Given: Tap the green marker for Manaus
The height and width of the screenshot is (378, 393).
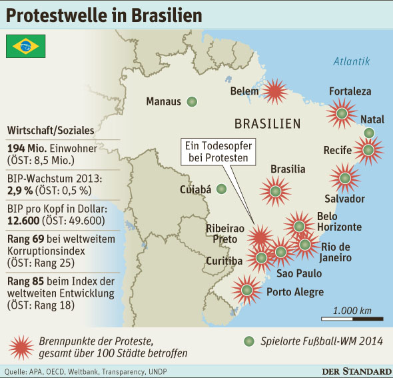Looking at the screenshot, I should click(x=192, y=101).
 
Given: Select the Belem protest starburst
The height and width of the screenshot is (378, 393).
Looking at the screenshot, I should click(x=274, y=91).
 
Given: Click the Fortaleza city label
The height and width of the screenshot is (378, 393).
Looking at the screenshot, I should click(x=350, y=91).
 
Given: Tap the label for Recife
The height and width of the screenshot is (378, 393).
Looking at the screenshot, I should click(x=337, y=150).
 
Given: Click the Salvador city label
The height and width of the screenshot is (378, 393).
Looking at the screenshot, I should click(x=344, y=199).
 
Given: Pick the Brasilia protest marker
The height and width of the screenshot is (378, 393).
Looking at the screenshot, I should click(x=275, y=190).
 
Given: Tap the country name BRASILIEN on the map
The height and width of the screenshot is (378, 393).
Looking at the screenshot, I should click(x=267, y=124).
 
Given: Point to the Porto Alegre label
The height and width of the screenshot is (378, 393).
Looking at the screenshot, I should click(x=294, y=292).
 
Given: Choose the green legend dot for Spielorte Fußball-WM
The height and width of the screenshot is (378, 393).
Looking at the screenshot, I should click(x=248, y=341).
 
